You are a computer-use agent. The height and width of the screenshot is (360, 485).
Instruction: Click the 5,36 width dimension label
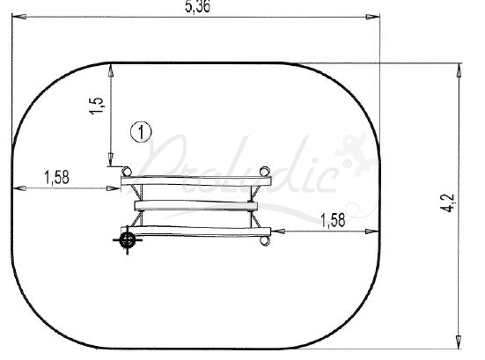point(198,6)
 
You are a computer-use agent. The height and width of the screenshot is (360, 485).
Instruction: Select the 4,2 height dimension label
point(447,202)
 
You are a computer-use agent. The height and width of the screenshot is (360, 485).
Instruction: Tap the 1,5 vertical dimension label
point(97,106)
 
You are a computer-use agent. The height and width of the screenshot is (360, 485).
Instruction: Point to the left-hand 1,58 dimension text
point(57,177)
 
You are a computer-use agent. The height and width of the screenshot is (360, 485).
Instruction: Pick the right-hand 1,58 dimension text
point(333,220)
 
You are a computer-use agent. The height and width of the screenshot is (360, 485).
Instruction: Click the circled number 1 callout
point(141,132)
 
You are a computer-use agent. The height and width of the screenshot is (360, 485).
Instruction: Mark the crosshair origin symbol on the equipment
point(127,239)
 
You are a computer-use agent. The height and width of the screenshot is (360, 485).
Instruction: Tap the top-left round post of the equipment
point(126,171)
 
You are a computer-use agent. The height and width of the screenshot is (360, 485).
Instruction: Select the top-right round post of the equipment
point(265,171)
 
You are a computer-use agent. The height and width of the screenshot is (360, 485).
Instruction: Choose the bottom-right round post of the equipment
point(265,240)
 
